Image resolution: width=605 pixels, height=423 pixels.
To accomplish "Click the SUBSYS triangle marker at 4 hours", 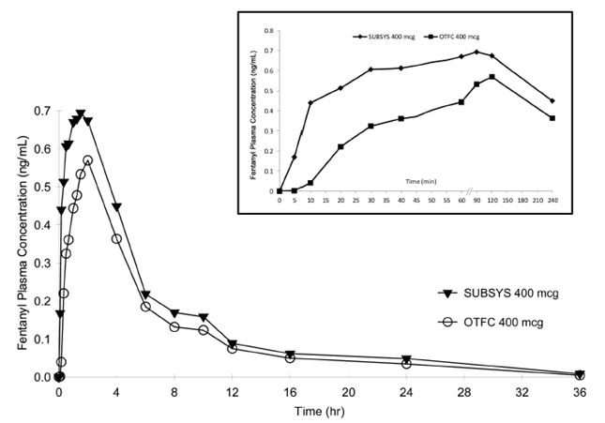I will point(117,207).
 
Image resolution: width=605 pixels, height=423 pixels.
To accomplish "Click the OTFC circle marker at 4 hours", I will point(116,238).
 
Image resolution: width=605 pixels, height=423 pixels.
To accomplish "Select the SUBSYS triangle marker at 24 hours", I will point(406,359).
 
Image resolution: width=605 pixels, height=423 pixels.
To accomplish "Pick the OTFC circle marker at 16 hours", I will point(290,357).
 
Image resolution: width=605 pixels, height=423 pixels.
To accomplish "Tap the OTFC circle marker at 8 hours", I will point(174,326).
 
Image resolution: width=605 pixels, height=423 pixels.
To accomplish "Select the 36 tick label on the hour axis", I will point(579,392).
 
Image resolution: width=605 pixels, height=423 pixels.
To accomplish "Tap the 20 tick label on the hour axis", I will point(348,392).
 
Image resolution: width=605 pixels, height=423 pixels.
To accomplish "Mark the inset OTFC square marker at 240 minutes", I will point(552,118).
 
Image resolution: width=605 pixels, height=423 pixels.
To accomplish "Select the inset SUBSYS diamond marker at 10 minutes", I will point(310,102).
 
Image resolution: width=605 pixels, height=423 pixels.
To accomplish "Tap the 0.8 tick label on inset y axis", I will point(267,30).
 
